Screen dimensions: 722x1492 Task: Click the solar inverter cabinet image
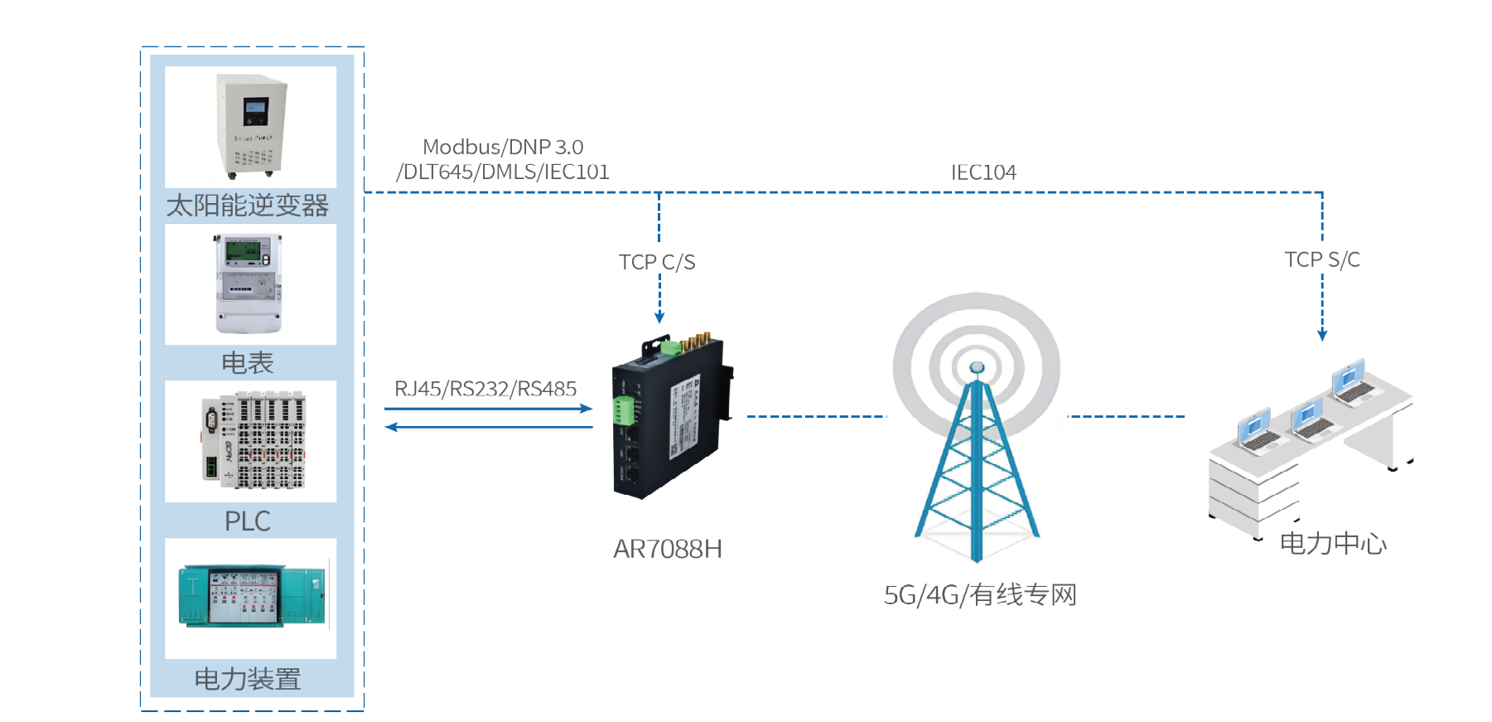point(250,126)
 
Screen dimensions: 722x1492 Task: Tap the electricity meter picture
point(250,283)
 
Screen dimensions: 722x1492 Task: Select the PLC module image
point(250,440)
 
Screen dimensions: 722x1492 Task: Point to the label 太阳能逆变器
point(248,206)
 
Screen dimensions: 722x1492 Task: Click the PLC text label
point(248,521)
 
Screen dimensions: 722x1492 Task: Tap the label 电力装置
point(248,680)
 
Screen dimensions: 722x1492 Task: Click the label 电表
point(248,363)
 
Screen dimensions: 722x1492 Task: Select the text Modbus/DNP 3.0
point(502,148)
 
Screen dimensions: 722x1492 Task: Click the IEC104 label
point(983,172)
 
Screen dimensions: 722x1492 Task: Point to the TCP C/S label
point(657,263)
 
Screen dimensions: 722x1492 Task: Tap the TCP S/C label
point(1322,260)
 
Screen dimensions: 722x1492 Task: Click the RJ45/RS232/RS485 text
point(485,389)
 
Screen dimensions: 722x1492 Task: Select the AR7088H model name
point(667,549)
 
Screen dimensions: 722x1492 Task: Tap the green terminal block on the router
point(623,409)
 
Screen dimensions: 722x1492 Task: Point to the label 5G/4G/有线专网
point(980,595)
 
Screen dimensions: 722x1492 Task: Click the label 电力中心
point(1333,544)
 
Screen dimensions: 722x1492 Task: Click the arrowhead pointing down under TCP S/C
point(1322,335)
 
